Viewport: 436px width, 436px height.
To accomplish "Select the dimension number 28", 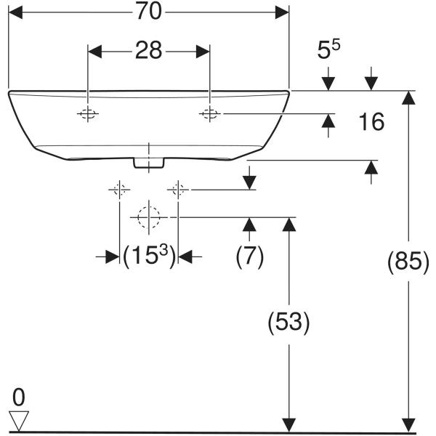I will point(148,51).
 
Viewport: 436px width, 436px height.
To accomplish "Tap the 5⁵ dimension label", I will point(330,51).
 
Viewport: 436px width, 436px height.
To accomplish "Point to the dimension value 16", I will point(371,121).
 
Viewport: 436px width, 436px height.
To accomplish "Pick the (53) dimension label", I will point(289,321).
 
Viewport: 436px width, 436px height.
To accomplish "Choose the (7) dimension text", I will point(249,257).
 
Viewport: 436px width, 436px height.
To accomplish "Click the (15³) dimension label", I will point(149,256).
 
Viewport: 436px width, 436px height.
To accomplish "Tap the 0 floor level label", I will point(18,397).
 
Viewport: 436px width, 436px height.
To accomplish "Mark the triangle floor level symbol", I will point(19,418).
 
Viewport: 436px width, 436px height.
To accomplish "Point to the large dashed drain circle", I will point(148,217).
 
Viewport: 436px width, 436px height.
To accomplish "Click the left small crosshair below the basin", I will point(119,190).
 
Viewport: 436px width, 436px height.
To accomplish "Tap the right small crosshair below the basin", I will point(177,190).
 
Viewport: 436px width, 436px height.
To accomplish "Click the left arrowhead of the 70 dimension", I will point(15,12).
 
